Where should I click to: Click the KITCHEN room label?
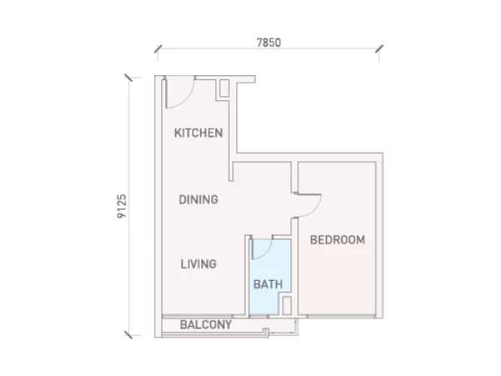click(199, 133)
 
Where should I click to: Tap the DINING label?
click(199, 200)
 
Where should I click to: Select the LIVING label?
click(199, 264)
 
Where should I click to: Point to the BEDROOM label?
click(337, 240)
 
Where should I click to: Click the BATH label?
click(268, 284)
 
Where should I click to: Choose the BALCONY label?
click(205, 325)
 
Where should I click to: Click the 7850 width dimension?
click(269, 43)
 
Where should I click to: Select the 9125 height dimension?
click(122, 206)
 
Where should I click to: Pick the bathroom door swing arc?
click(267, 253)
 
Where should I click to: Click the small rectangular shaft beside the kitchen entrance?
click(225, 88)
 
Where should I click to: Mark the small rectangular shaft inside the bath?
click(287, 306)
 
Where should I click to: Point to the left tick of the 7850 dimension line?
click(158, 49)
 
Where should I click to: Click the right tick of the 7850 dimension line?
click(379, 49)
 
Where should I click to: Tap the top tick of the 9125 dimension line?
click(129, 78)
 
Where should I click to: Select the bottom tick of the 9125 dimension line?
click(129, 335)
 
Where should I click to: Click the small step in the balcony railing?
click(266, 331)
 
